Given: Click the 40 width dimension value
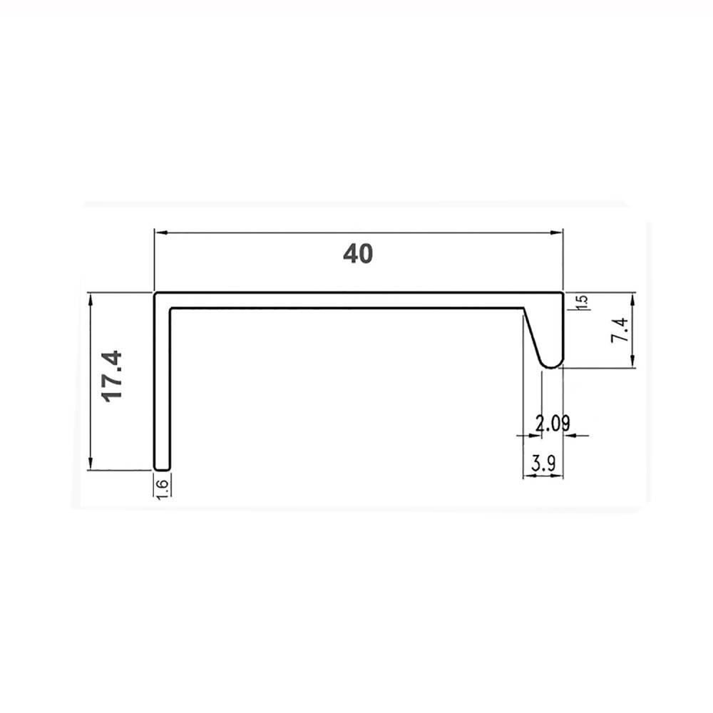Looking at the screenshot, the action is pyautogui.click(x=358, y=254).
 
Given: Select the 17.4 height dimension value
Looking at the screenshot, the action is pyautogui.click(x=113, y=376).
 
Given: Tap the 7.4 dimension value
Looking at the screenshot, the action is pyautogui.click(x=620, y=330).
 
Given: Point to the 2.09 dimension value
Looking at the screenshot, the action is pyautogui.click(x=552, y=424).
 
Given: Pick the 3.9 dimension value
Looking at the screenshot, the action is pyautogui.click(x=543, y=464).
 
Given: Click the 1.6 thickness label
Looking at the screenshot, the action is pyautogui.click(x=163, y=489).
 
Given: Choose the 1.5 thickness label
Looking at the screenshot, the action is pyautogui.click(x=583, y=302).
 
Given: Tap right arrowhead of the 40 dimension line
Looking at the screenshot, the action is pyautogui.click(x=557, y=233).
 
